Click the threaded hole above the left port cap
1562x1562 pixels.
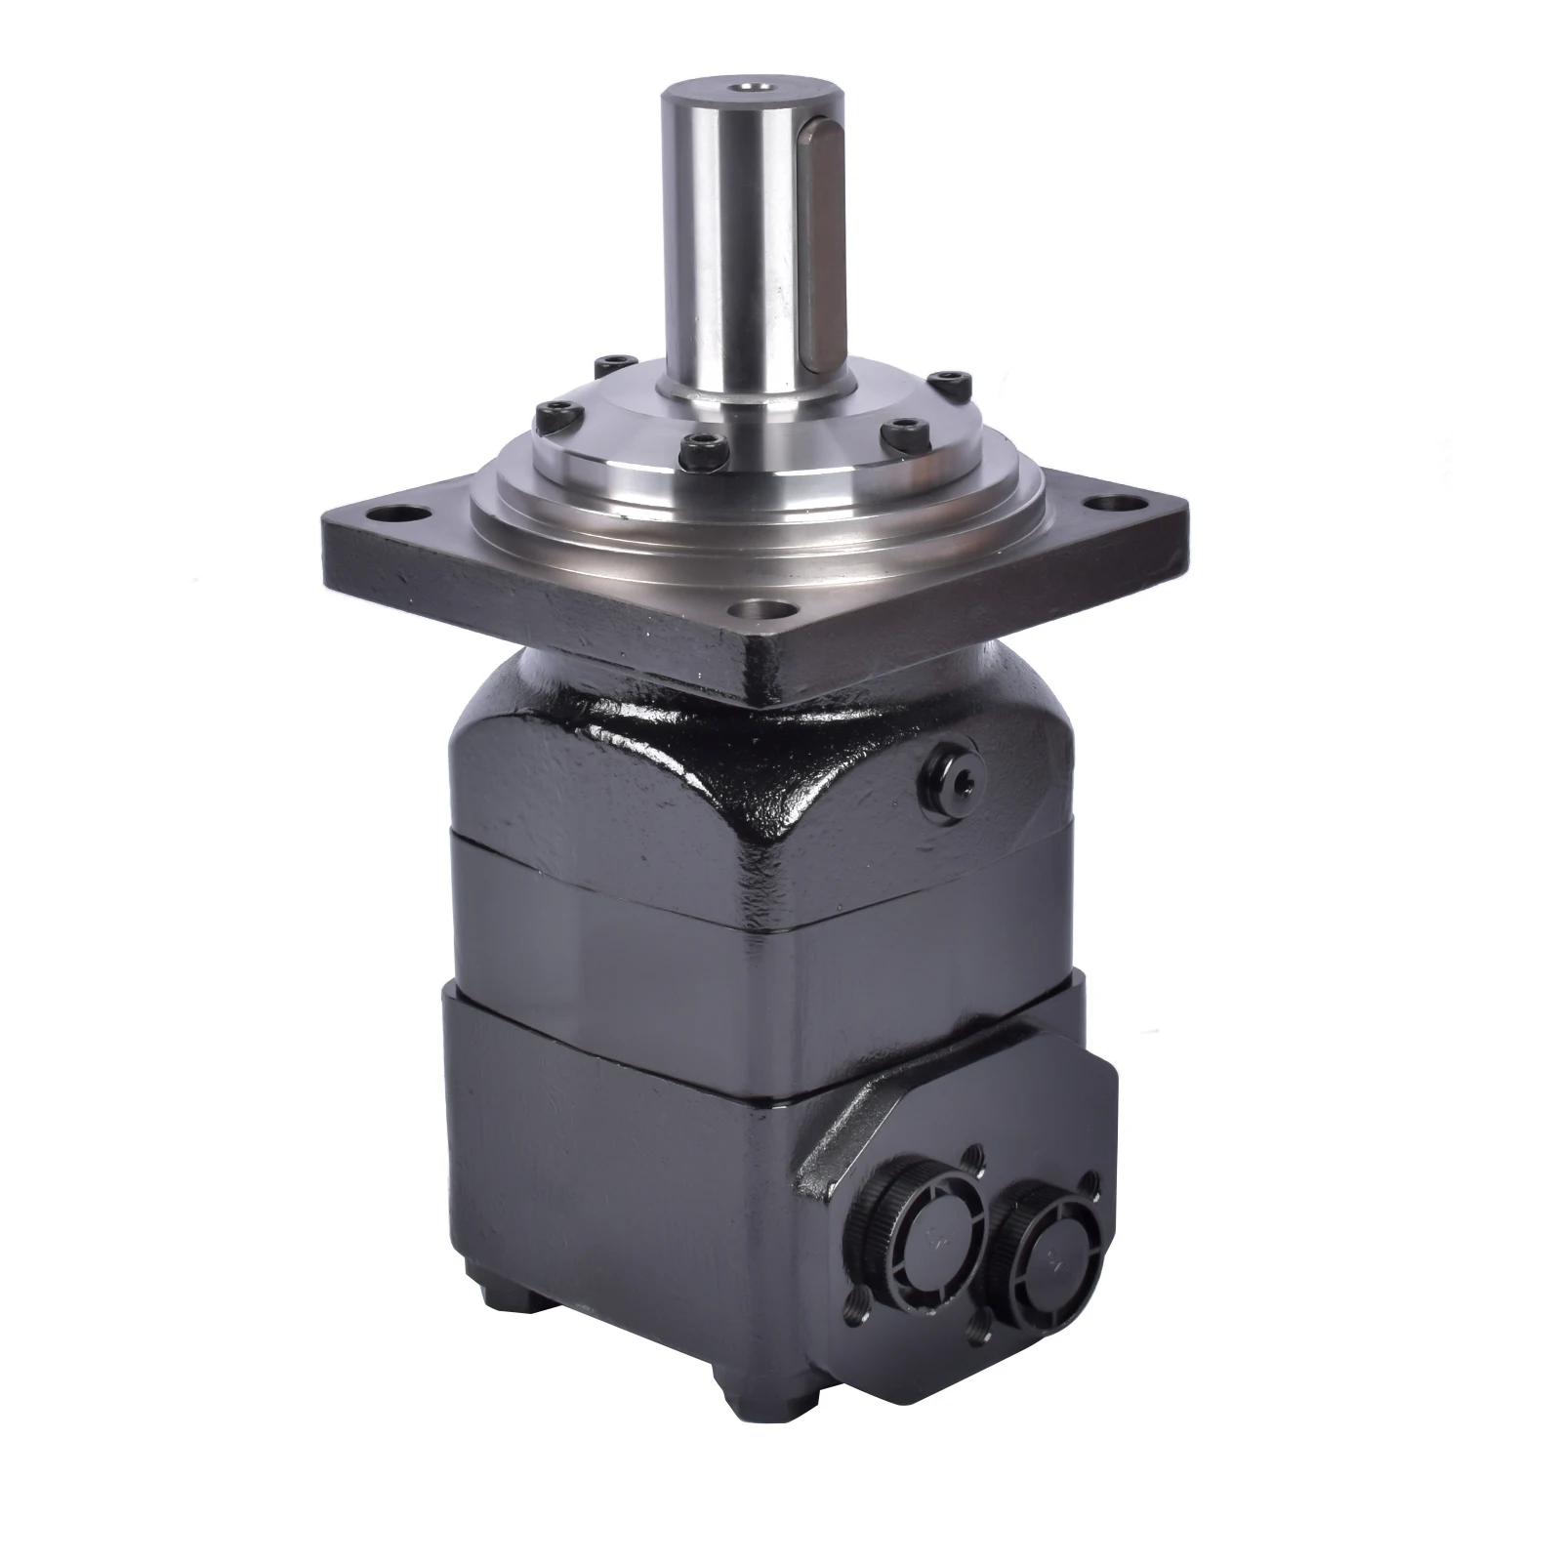click(969, 1159)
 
